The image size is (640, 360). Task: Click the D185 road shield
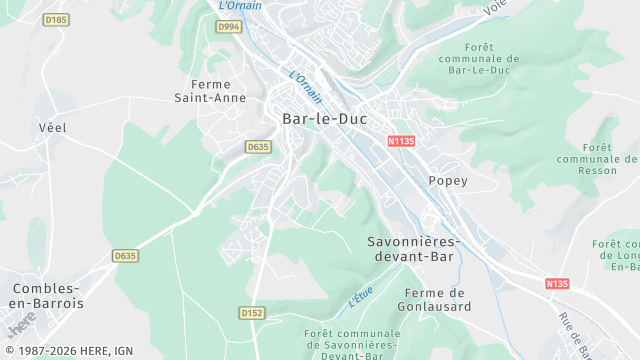click(x=57, y=19)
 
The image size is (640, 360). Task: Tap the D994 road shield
click(x=228, y=27)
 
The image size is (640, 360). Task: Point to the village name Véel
click(x=51, y=127)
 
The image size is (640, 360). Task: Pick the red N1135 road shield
click(x=401, y=141)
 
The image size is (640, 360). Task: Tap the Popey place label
click(x=447, y=181)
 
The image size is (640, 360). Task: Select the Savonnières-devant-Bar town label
click(x=412, y=249)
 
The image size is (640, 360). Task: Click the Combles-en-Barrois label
click(x=47, y=295)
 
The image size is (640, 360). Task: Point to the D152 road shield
click(x=252, y=313)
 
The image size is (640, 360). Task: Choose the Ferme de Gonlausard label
click(x=432, y=300)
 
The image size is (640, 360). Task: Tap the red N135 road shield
click(x=557, y=284)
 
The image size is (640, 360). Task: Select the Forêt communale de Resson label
click(x=599, y=159)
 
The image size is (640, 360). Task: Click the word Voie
click(x=494, y=7)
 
